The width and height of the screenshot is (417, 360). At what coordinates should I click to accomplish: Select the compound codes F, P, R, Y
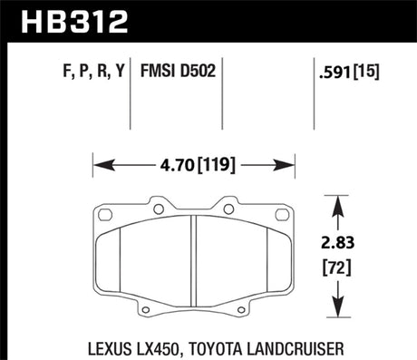(90, 71)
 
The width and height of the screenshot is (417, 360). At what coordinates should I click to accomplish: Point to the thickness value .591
(335, 71)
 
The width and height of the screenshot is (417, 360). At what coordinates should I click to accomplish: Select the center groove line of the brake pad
(198, 263)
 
